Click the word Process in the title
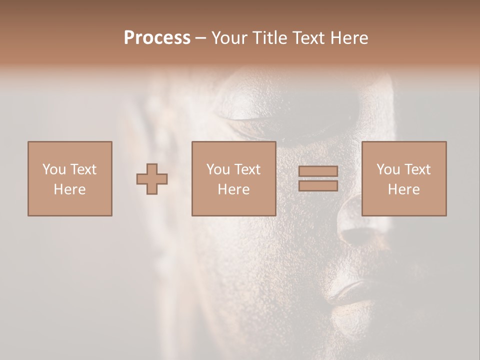(157, 38)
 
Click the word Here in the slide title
(350, 38)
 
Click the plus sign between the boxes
(152, 179)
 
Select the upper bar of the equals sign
(318, 171)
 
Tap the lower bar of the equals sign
(318, 186)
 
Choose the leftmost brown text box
(69, 178)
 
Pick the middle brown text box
(233, 178)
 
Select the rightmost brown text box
(403, 178)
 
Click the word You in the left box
(53, 169)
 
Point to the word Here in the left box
(69, 189)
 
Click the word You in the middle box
(218, 169)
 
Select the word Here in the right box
(403, 189)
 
